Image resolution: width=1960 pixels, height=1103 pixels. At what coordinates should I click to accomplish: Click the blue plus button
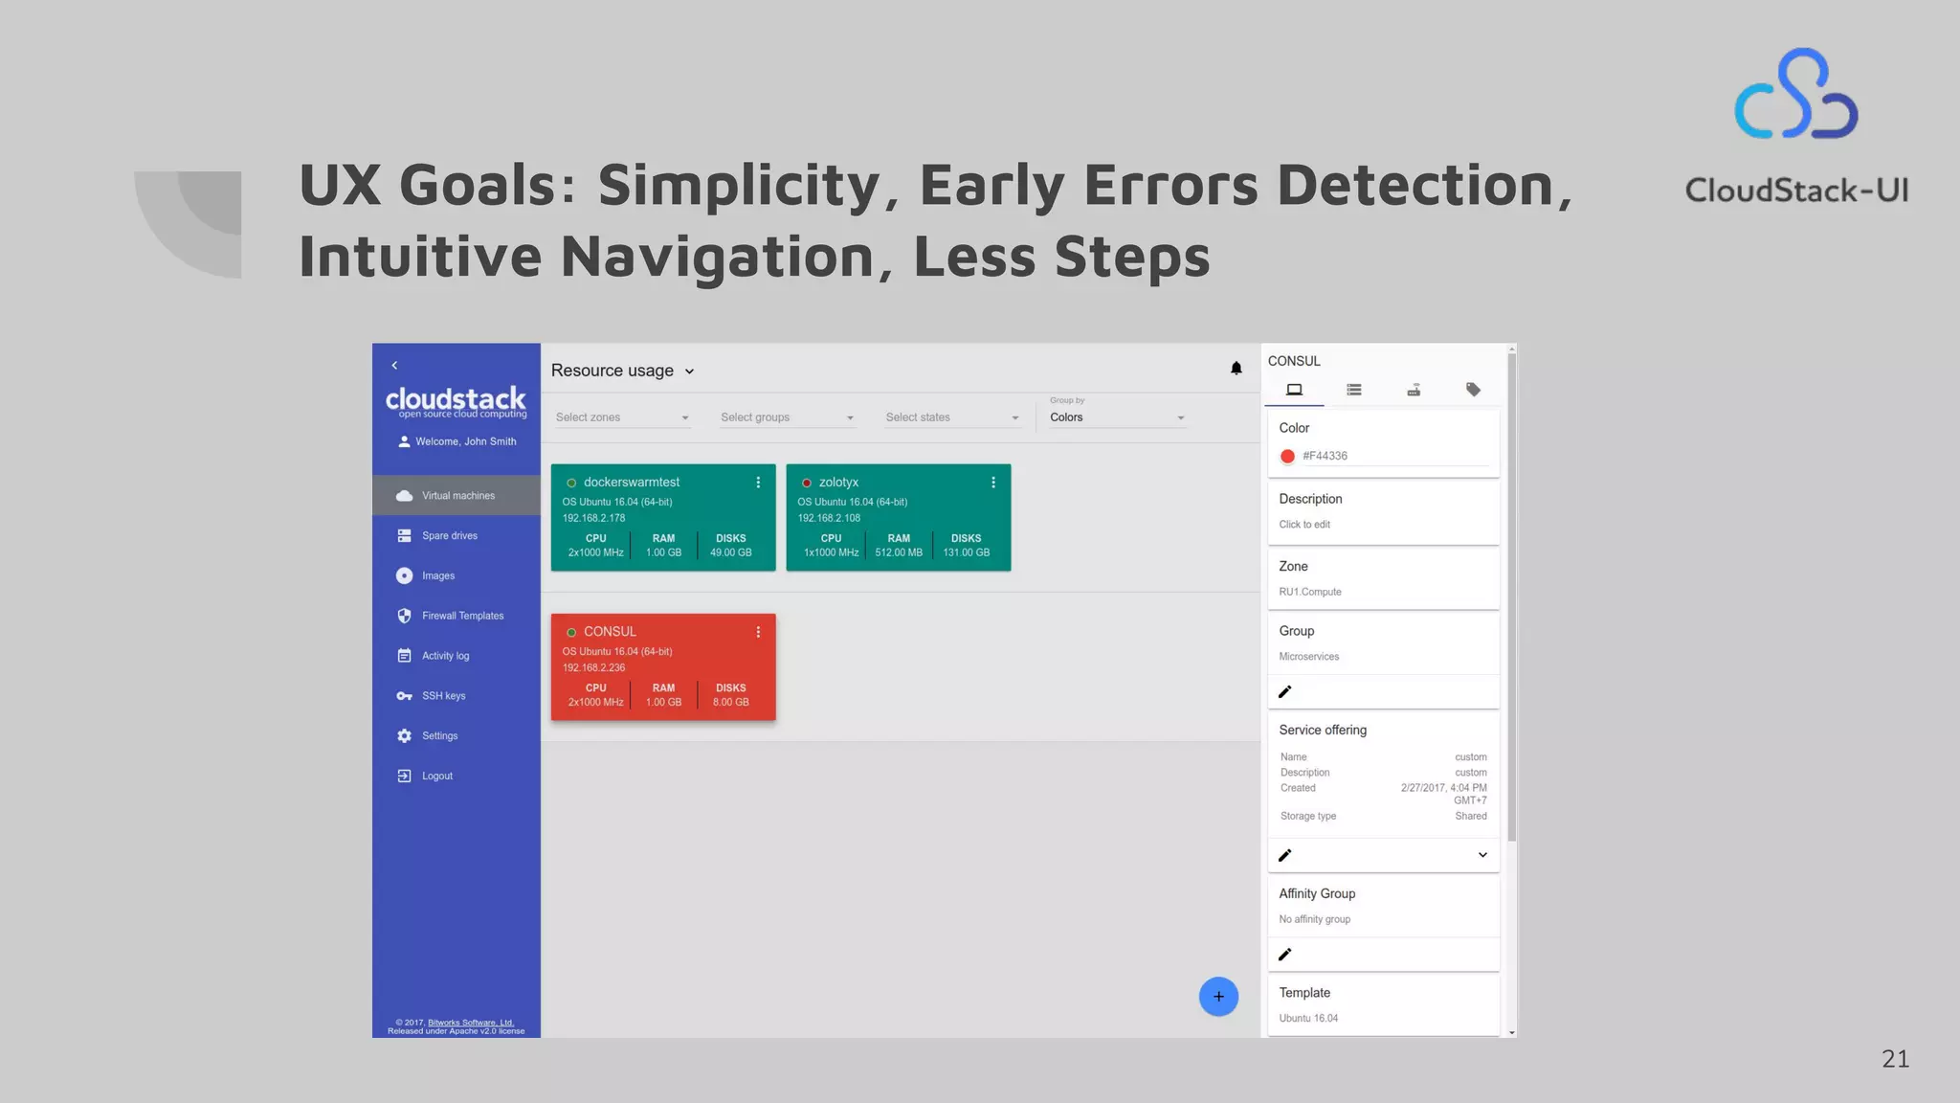[x=1218, y=997]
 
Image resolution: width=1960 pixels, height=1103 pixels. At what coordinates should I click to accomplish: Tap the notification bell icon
[x=1236, y=369]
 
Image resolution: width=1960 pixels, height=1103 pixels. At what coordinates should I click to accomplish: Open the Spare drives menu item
[x=449, y=536]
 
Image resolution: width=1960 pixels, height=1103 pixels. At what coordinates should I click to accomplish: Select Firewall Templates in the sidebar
[x=462, y=617]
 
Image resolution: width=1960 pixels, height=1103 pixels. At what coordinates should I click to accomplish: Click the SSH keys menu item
[x=443, y=696]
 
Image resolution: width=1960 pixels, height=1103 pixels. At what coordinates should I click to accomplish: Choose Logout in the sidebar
[x=436, y=777]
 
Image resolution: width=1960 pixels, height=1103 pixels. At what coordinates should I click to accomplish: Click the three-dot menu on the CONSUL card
[x=758, y=632]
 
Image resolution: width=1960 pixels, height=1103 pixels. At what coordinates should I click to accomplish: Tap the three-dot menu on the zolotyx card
[x=993, y=483]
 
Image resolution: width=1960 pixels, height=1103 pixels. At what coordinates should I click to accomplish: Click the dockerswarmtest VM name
[x=632, y=483]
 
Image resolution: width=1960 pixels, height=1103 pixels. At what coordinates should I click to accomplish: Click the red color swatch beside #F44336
[x=1287, y=457]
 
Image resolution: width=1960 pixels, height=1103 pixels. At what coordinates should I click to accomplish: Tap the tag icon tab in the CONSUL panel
[x=1473, y=390]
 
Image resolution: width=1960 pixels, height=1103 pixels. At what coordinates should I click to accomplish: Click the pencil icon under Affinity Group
[x=1285, y=955]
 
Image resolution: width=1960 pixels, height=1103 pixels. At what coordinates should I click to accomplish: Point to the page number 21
[x=1895, y=1059]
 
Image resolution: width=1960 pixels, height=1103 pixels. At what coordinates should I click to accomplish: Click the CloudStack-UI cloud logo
[x=1796, y=96]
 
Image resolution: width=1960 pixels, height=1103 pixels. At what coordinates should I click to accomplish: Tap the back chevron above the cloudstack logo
[x=394, y=366]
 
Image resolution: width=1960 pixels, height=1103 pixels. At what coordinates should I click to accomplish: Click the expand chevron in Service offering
[x=1482, y=855]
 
